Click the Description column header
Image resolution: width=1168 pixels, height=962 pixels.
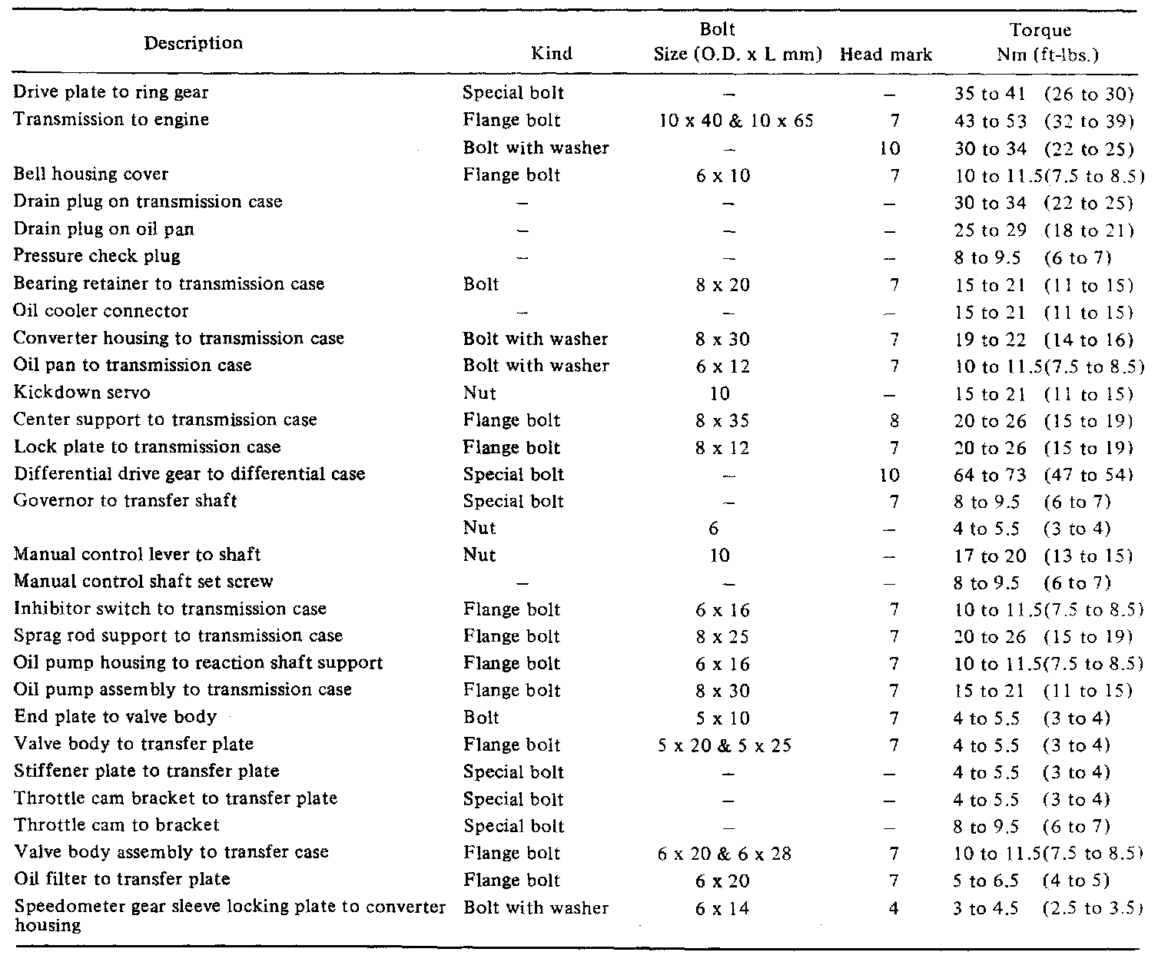point(193,43)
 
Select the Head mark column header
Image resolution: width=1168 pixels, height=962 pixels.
point(886,55)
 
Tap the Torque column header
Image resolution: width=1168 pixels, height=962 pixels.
point(1040,42)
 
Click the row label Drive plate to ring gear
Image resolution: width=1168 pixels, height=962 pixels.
point(111,92)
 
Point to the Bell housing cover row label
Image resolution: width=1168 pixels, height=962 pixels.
point(91,174)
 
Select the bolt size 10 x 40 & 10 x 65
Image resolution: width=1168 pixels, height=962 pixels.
point(736,121)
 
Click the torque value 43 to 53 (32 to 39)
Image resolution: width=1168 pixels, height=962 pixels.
point(1043,121)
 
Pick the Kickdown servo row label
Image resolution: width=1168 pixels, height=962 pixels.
point(82,393)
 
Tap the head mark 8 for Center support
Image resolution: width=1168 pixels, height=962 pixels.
point(892,420)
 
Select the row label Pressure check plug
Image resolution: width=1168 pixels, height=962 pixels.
point(98,256)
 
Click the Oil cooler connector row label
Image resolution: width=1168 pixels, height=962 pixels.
point(101,311)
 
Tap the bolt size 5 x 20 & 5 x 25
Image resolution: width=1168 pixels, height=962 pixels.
point(725,745)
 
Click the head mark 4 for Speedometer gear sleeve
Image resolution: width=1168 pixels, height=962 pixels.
point(892,908)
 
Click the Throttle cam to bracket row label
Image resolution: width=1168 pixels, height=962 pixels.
point(117,825)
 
